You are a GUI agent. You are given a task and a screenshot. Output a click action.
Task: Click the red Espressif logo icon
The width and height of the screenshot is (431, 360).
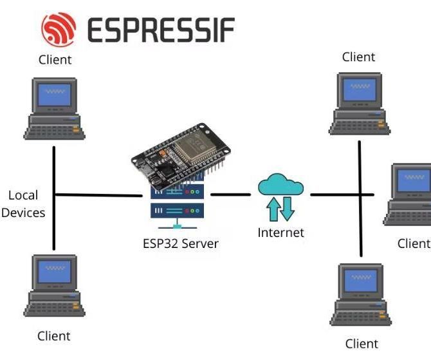coord(59,29)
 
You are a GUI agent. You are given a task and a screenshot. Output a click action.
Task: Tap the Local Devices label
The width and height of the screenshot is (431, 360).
coord(23,204)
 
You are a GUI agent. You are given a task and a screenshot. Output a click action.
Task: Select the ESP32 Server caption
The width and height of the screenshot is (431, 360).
coord(181,243)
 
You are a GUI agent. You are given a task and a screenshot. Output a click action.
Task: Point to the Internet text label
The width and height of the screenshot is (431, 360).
coord(280,232)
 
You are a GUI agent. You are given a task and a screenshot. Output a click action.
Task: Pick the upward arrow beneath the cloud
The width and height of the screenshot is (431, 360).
coord(273,209)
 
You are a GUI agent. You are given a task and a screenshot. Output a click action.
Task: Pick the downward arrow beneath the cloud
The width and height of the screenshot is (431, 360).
coord(287,209)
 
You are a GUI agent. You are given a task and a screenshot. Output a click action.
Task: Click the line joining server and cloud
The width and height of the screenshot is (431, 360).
coord(230,194)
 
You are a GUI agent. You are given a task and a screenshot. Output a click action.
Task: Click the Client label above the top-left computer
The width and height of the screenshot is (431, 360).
coord(55,60)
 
